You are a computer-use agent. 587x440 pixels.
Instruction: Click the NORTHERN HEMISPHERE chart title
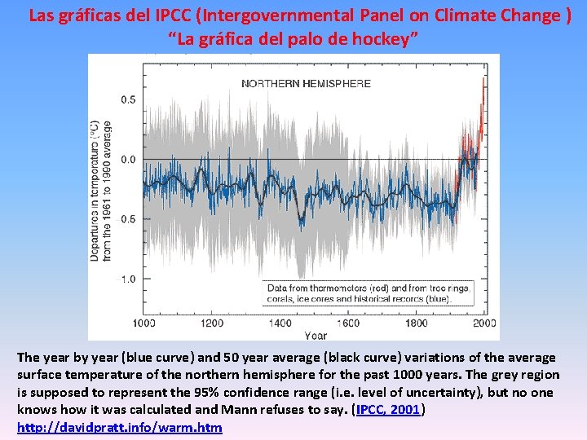click(306, 83)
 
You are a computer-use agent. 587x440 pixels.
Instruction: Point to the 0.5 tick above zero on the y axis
click(129, 99)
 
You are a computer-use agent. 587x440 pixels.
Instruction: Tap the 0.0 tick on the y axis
click(129, 159)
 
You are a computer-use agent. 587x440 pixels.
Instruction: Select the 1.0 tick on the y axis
click(129, 279)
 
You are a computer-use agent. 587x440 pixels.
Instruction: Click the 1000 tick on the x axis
click(143, 323)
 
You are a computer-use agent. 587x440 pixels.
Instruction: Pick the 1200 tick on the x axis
click(212, 323)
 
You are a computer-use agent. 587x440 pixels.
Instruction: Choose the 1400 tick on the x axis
click(280, 323)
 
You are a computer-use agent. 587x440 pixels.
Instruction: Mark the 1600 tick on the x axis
click(348, 323)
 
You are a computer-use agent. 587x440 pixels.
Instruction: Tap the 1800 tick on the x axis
click(417, 323)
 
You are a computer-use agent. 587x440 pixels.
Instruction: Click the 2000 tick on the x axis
click(484, 323)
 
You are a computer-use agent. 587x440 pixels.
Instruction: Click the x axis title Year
click(316, 335)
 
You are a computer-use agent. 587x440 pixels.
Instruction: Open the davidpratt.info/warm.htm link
click(119, 427)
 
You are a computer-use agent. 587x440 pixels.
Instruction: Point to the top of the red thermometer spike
click(483, 80)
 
